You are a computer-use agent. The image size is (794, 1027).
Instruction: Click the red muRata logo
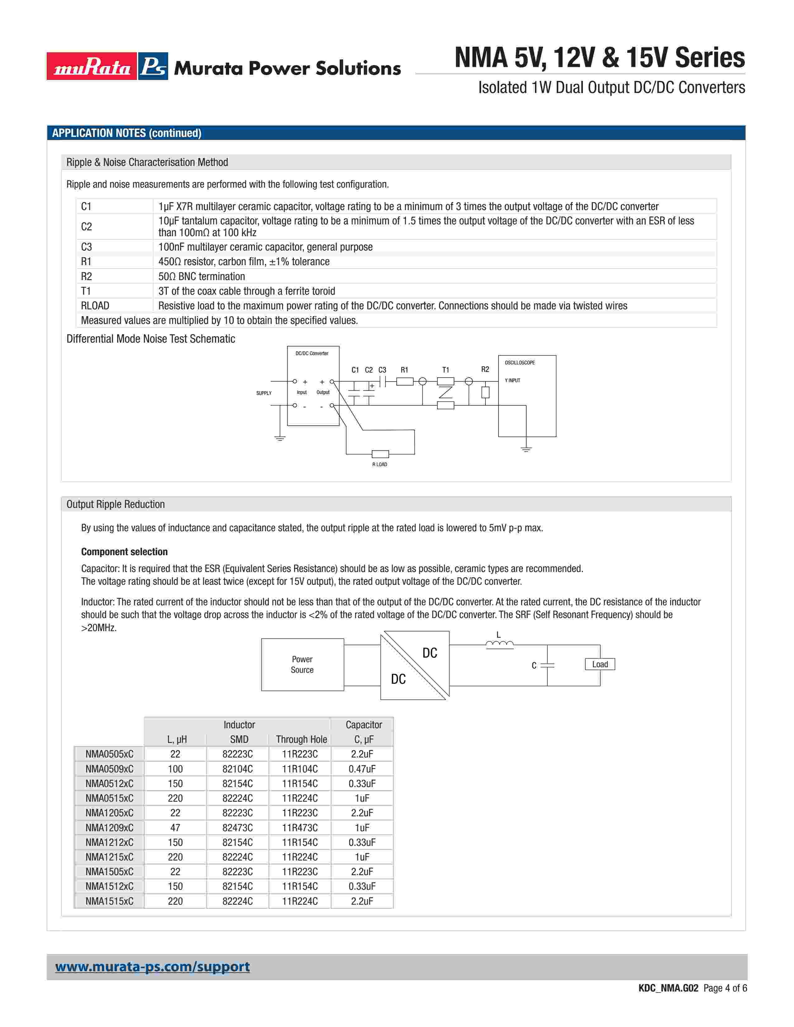92,66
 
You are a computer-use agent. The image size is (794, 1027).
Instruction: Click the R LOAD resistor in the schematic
380,454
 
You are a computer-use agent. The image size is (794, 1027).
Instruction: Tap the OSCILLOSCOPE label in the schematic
520,363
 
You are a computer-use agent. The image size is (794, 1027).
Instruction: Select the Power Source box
302,664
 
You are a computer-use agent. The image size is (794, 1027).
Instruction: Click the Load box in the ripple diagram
600,664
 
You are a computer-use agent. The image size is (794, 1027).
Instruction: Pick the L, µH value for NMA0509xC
175,769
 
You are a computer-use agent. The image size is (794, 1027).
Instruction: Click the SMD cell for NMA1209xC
238,828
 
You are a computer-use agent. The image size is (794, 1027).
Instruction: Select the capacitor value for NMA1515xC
362,901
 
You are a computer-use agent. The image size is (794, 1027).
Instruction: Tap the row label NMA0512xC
109,783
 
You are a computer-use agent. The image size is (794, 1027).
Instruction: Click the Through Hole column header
301,739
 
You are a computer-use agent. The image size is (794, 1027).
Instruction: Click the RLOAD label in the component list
95,306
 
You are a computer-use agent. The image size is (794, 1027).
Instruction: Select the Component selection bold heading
124,551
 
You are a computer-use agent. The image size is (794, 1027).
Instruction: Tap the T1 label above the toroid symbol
446,370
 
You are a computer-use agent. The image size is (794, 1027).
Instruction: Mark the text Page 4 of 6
725,988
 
